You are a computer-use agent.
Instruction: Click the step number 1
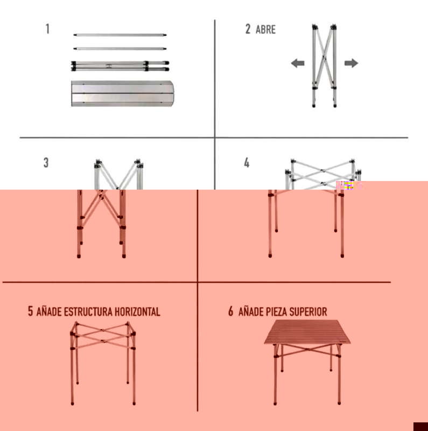[x=47, y=29]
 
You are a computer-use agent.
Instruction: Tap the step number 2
[x=248, y=29]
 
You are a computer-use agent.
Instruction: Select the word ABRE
[x=265, y=30]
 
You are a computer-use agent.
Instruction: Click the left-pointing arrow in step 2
[x=298, y=63]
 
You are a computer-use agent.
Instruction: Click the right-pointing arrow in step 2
[x=352, y=63]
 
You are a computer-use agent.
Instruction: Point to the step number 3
[x=46, y=163]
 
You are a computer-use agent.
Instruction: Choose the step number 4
[x=247, y=163]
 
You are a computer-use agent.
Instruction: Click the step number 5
[x=30, y=311]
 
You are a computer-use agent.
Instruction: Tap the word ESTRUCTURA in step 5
[x=88, y=312]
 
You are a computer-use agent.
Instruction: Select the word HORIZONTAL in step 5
[x=137, y=312]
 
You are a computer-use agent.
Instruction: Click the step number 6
[x=231, y=311]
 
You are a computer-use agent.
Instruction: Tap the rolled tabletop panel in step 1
[x=123, y=93]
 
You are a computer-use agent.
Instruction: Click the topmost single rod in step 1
[x=120, y=35]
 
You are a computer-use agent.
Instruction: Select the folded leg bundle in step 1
[x=120, y=66]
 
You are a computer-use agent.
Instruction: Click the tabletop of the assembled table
[x=307, y=331]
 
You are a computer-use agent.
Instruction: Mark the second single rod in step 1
[x=120, y=48]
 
